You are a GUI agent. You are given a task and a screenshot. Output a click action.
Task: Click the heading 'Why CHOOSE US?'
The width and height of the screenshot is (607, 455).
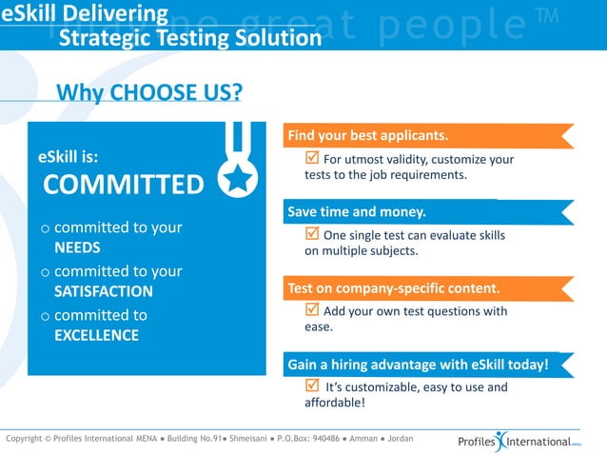[148, 92]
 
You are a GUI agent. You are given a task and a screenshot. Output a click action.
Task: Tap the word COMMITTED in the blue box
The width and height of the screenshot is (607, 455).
[124, 184]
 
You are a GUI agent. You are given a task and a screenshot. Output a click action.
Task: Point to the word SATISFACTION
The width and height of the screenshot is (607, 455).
[103, 291]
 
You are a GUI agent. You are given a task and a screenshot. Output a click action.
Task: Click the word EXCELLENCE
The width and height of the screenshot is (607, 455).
[96, 335]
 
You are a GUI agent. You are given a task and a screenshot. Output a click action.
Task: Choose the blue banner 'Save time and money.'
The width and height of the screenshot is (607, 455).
[357, 211]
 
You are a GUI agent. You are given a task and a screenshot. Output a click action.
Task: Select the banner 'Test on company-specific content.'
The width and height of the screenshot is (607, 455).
[393, 287]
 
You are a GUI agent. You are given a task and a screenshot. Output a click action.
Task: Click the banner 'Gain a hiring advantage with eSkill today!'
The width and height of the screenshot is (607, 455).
[419, 365]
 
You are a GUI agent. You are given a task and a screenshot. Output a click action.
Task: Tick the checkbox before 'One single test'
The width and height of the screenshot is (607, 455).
[311, 233]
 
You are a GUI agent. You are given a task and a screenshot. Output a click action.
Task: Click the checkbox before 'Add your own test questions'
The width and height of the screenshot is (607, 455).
[311, 309]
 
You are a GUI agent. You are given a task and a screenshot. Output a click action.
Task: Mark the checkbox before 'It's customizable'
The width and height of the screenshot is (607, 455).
[311, 386]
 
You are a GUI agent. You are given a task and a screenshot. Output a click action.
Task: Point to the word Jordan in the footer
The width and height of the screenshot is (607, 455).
[401, 439]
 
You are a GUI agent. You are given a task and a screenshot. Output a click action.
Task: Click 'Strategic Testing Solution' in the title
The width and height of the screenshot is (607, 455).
[190, 38]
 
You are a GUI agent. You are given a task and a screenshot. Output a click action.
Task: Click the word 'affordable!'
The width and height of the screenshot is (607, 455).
[335, 403]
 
